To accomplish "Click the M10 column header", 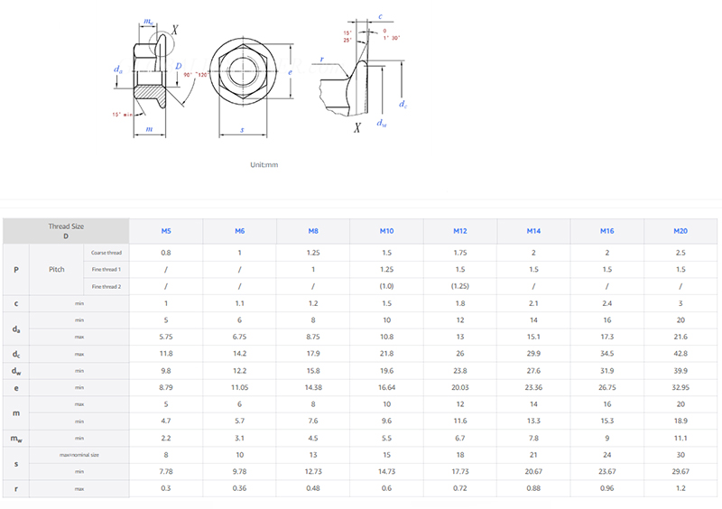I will coord(387,231).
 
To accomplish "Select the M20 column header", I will coord(680,231).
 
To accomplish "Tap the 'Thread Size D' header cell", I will coord(66,231).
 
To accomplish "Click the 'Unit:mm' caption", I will coord(264,165).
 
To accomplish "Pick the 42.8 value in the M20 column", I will coord(680,354).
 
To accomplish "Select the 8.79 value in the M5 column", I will coord(166,387).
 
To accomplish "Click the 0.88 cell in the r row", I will coord(533,488).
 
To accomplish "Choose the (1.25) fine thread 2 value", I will coord(460,286).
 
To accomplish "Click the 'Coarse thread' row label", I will coord(106,253).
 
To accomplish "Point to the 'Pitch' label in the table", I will coord(57,269).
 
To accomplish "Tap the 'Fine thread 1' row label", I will coord(106,269).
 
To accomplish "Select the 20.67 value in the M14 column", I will coord(533,471).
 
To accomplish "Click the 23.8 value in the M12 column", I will coord(460,370).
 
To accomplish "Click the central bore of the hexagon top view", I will coord(242,71).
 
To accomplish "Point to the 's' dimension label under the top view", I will coord(242,130).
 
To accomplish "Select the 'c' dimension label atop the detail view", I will coord(380,16).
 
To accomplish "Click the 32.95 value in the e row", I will coord(680,387).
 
